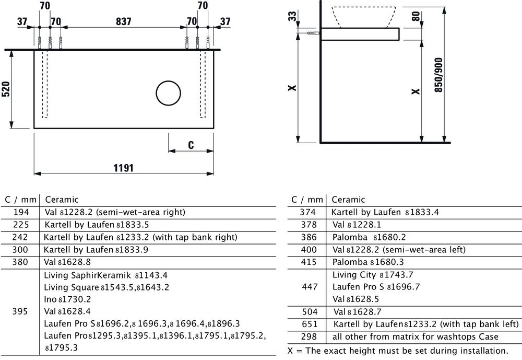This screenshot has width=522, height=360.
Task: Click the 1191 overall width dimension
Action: [x=124, y=168]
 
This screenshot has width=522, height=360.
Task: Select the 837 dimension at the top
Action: [x=123, y=21]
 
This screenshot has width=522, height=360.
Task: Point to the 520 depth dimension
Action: [x=6, y=89]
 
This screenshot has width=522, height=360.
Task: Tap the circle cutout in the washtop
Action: [x=169, y=94]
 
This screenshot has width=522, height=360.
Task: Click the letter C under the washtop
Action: [x=191, y=145]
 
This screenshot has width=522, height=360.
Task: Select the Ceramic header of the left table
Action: [x=62, y=200]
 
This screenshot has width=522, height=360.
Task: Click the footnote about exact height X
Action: [x=398, y=350]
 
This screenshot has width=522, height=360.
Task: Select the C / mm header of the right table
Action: [x=307, y=200]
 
